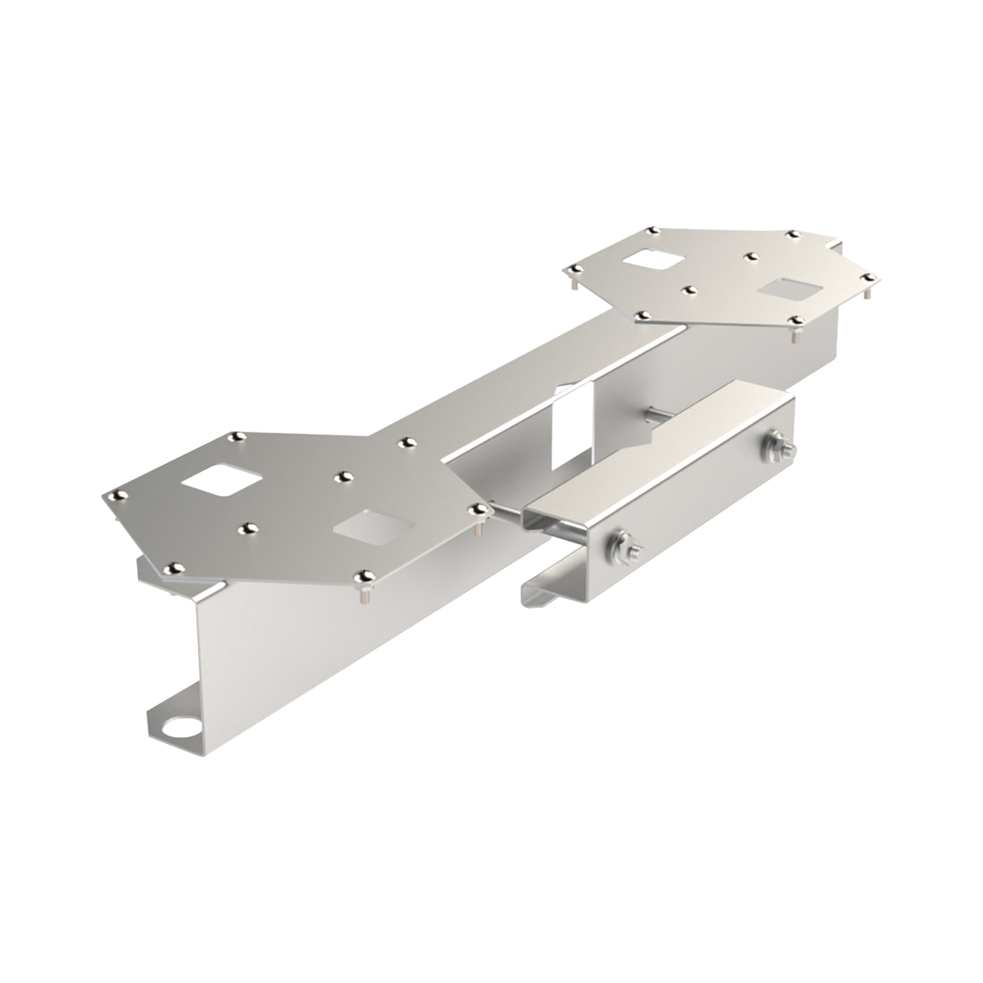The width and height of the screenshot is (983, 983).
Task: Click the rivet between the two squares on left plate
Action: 345,477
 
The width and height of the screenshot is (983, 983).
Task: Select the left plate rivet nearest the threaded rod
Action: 479,508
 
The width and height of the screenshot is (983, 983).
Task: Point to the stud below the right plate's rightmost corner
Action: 868,294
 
